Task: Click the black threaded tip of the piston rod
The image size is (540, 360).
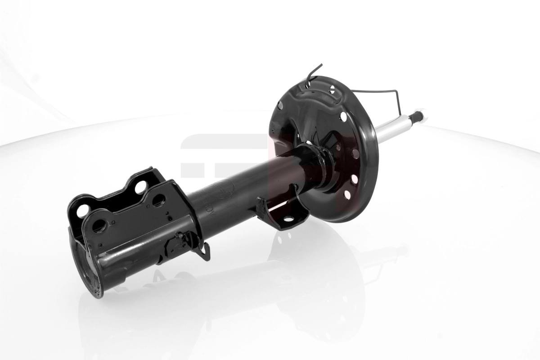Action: pyautogui.click(x=418, y=116)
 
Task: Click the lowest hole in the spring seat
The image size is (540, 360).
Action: pyautogui.click(x=346, y=195)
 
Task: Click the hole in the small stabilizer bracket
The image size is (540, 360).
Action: pyautogui.click(x=288, y=219)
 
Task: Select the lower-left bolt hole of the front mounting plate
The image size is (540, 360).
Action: pyautogui.click(x=99, y=225)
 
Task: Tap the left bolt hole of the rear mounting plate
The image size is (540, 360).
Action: pyautogui.click(x=83, y=210)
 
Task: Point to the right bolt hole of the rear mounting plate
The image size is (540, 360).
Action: pyautogui.click(x=140, y=186)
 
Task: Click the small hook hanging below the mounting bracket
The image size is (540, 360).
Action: pyautogui.click(x=205, y=252)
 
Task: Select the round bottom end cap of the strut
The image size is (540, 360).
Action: pyautogui.click(x=86, y=270)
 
